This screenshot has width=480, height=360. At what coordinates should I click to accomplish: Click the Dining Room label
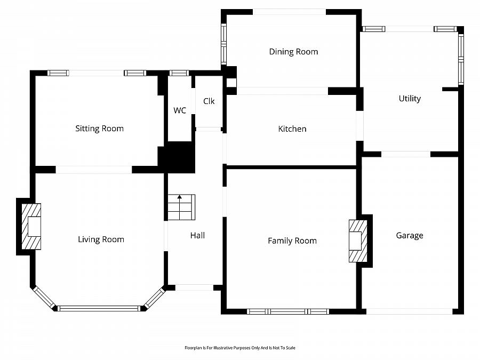[x=293, y=51]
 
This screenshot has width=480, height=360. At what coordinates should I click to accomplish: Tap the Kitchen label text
[x=292, y=129]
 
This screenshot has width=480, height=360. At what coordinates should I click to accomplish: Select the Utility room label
[x=410, y=99]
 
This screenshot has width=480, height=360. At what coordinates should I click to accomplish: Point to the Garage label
[x=410, y=235]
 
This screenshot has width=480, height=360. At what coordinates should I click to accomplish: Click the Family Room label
[x=292, y=241]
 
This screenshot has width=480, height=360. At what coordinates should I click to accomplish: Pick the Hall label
[x=197, y=235]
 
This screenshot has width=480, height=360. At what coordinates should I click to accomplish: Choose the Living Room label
[x=101, y=239]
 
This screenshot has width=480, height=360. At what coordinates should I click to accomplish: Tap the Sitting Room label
[x=100, y=129]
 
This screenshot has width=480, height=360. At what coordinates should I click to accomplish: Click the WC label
[x=180, y=110]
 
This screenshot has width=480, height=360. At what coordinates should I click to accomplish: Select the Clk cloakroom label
[x=209, y=101]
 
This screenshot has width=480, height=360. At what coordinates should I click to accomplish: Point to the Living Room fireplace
[x=31, y=227]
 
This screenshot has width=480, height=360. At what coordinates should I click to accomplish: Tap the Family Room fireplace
[x=358, y=241]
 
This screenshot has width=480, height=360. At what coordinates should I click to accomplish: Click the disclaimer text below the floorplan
[x=240, y=348]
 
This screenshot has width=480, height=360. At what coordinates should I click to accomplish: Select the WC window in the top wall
[x=179, y=73]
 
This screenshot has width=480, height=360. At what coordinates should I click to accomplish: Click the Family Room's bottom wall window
[x=288, y=311]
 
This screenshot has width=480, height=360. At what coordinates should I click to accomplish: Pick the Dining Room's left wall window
[x=224, y=44]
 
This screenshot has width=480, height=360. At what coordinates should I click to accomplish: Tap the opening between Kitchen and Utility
[x=359, y=126]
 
